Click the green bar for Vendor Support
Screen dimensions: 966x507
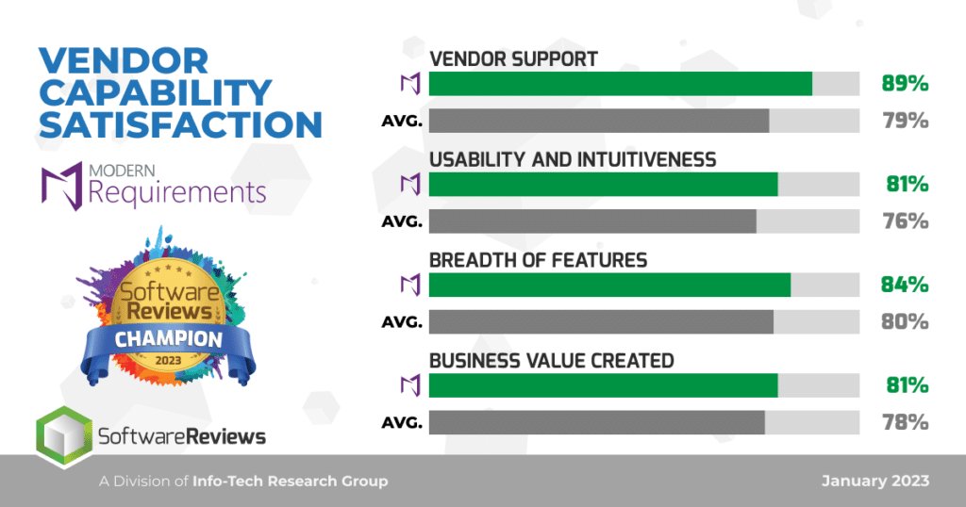tap(621, 84)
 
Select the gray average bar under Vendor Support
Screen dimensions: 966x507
tap(599, 121)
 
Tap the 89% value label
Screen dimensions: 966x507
tap(905, 84)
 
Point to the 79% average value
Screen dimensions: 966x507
tap(905, 121)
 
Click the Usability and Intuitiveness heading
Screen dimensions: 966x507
tap(573, 160)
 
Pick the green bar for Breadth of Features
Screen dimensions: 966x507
tap(610, 285)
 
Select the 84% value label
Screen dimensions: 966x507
tap(905, 285)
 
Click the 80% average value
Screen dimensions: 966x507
tap(905, 321)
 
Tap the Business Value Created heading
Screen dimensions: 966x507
tap(551, 361)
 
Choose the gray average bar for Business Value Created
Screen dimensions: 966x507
tap(597, 422)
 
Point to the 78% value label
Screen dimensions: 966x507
tap(905, 422)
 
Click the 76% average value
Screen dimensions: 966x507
tap(905, 221)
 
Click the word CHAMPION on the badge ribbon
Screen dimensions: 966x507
tap(168, 339)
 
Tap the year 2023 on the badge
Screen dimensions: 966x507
tap(168, 360)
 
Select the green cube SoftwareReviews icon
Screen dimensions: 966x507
tap(64, 437)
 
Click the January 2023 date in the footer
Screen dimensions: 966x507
tap(875, 482)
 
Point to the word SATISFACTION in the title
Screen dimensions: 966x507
tap(180, 124)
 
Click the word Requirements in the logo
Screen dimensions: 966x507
tap(176, 192)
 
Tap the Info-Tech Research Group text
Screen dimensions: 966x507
tap(291, 482)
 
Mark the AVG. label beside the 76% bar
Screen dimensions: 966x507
tap(402, 221)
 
